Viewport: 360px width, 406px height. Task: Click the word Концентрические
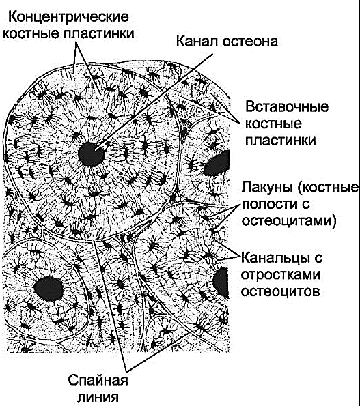click(x=68, y=18)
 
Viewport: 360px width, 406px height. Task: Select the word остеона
click(x=250, y=42)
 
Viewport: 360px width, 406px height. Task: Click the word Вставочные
click(x=287, y=107)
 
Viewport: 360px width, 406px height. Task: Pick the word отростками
click(x=281, y=274)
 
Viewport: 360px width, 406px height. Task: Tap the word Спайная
click(x=98, y=381)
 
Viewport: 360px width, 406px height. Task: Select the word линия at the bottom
click(x=98, y=397)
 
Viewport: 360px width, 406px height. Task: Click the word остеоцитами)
click(x=289, y=221)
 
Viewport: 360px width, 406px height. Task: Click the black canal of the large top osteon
click(x=91, y=154)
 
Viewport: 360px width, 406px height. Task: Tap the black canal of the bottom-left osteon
click(x=49, y=289)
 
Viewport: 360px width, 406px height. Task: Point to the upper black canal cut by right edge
click(x=217, y=164)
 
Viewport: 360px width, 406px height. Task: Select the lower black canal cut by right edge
click(x=221, y=282)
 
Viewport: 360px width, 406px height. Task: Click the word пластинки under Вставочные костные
click(x=281, y=141)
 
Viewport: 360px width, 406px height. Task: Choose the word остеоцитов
click(x=280, y=291)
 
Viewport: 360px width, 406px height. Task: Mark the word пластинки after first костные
click(x=98, y=33)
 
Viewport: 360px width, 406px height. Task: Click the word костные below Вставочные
click(x=274, y=124)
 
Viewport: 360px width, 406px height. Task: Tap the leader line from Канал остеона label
click(x=154, y=102)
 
